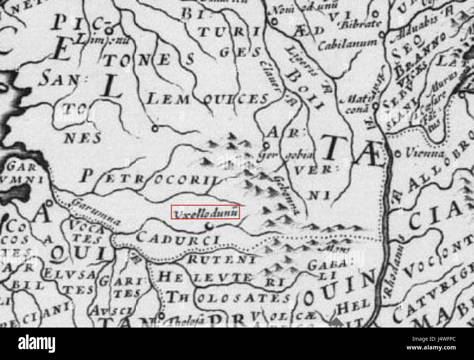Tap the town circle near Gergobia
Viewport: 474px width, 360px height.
click(x=267, y=145)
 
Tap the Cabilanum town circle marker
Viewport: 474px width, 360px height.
click(x=382, y=35)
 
